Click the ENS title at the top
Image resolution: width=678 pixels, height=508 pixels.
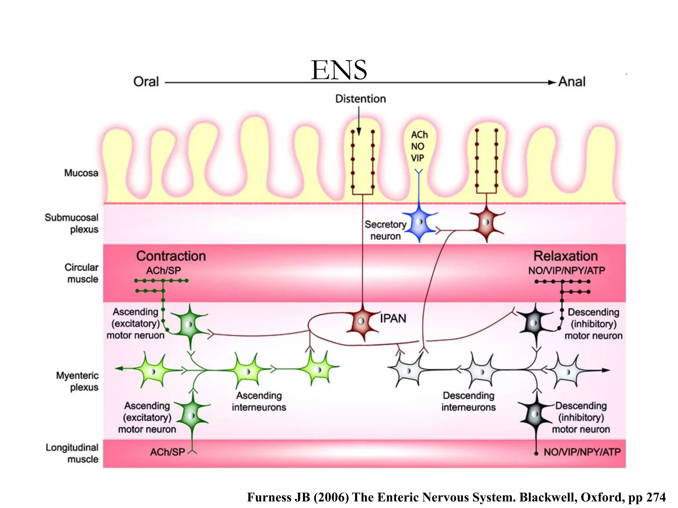[x=339, y=70]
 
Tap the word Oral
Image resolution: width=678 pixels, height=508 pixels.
[x=146, y=82]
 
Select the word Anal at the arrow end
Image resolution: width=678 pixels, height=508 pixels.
[x=572, y=82]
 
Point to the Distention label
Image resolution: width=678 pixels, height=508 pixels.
[x=360, y=99]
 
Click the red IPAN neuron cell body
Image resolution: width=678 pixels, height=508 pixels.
[x=362, y=321]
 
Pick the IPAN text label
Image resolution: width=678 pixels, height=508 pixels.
[x=393, y=318]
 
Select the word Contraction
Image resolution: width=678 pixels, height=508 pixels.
[x=171, y=256]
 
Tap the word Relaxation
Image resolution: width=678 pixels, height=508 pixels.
[x=565, y=256]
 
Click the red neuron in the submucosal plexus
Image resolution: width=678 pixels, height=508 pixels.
[x=486, y=222]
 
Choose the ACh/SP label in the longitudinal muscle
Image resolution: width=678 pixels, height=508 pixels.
[x=168, y=452]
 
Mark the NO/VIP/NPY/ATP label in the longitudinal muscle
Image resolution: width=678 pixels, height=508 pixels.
[x=582, y=452]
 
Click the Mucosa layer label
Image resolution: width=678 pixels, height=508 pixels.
[x=81, y=173]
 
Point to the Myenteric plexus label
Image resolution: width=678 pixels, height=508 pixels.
[x=77, y=381]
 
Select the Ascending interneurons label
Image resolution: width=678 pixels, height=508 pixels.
[x=259, y=402]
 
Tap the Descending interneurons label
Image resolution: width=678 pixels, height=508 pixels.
[x=468, y=402]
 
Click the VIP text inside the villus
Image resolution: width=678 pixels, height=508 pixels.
[x=417, y=158]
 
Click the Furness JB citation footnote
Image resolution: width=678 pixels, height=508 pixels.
[x=456, y=497]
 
